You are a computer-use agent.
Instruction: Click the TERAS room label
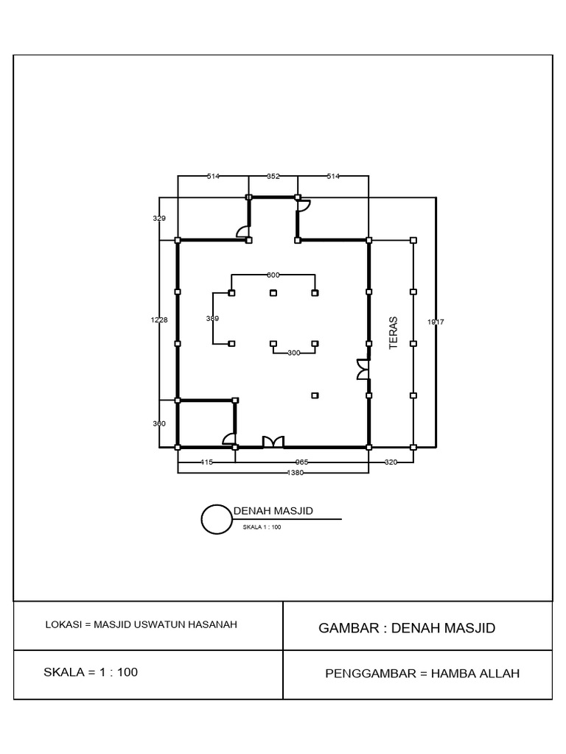point(394,333)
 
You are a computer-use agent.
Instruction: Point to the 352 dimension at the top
point(273,177)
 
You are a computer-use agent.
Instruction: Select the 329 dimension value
point(159,219)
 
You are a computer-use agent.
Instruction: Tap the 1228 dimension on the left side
point(159,320)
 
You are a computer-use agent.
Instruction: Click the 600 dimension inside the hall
point(273,275)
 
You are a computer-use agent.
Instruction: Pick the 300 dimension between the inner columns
point(294,353)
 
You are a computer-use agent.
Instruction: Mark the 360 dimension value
point(159,424)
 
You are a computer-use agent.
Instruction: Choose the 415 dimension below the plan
point(206,462)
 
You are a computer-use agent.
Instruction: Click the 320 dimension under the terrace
point(391,462)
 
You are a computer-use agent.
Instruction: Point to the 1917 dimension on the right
point(436,322)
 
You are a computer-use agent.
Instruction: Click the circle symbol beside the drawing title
point(217,519)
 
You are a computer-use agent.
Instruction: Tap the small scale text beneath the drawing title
point(262,527)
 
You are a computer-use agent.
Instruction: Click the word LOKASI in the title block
point(63,624)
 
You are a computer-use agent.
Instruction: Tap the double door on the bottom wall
point(273,442)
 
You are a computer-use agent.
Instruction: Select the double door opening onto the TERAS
point(363,370)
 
